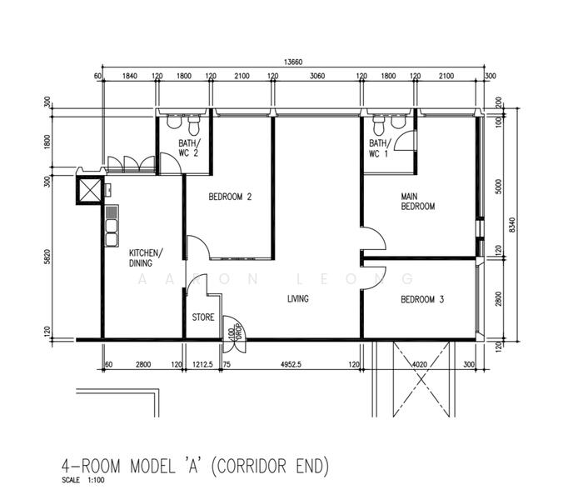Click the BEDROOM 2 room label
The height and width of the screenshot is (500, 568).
pos(230,197)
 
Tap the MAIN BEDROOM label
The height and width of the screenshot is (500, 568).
pos(418,202)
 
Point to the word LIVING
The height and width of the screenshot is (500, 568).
pos(298,299)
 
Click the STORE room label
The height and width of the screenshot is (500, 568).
pos(203,317)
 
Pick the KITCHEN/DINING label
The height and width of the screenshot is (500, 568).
pos(146,258)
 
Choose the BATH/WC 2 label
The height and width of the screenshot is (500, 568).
pos(189,147)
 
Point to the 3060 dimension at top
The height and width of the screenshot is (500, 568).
pos(316,77)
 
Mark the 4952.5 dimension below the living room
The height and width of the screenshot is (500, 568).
pos(296,364)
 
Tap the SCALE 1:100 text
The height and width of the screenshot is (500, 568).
pos(84,479)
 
